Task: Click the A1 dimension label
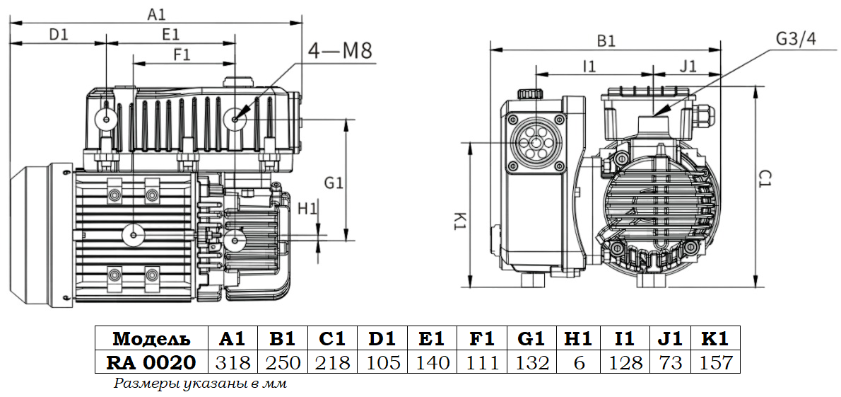[156, 13]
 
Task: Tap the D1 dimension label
[58, 33]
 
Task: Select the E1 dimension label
[170, 33]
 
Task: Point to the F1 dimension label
[182, 54]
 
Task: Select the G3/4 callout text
[796, 38]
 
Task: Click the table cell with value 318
[233, 363]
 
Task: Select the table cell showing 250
[283, 363]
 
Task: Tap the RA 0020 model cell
[151, 363]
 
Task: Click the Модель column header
[151, 338]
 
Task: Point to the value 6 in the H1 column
[579, 363]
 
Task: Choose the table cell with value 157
[715, 363]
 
